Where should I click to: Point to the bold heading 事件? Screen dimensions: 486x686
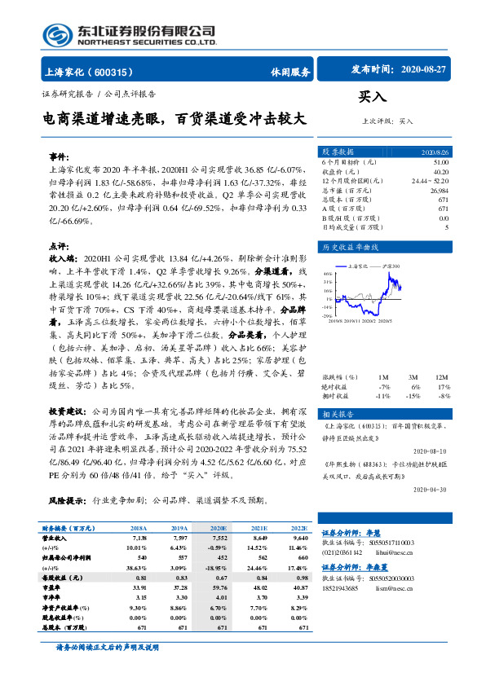click(59, 155)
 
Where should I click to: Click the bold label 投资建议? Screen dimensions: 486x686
click(68, 413)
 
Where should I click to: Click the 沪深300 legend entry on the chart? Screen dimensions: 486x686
click(389, 266)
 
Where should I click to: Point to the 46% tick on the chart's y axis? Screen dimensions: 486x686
click(327, 274)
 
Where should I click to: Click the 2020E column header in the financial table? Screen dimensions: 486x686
click(218, 529)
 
